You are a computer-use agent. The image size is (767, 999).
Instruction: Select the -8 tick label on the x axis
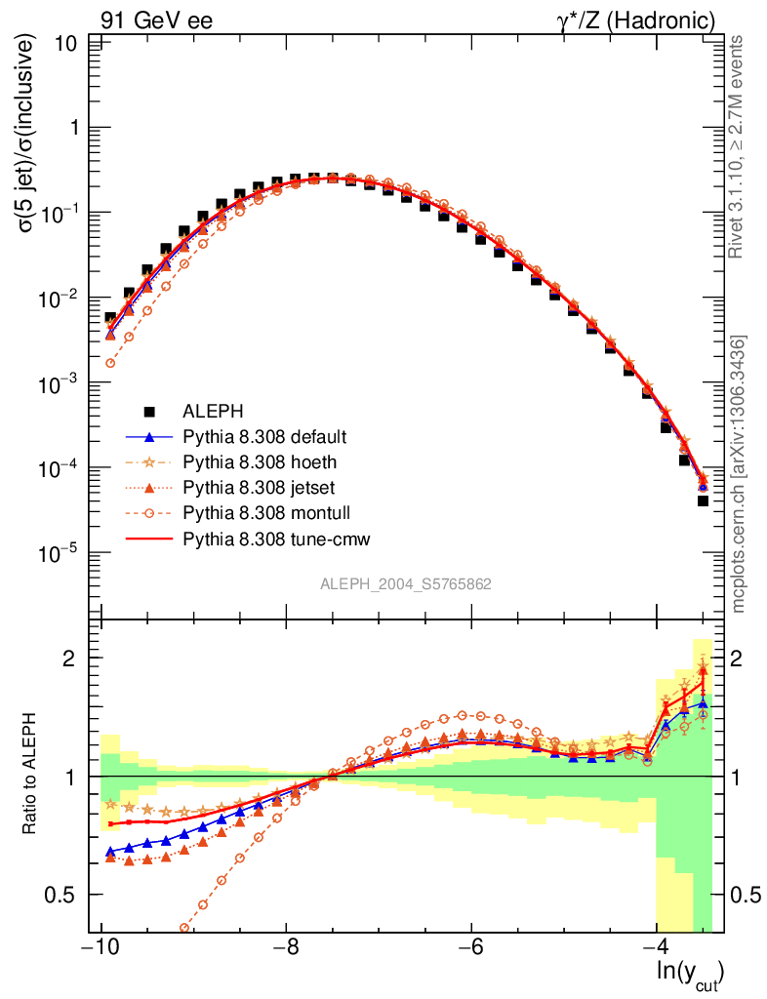click(x=285, y=948)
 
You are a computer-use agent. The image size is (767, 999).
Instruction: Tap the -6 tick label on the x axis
click(x=470, y=948)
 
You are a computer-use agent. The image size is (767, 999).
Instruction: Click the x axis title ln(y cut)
click(x=689, y=973)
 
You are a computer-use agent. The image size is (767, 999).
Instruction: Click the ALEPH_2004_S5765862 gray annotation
click(x=405, y=584)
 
